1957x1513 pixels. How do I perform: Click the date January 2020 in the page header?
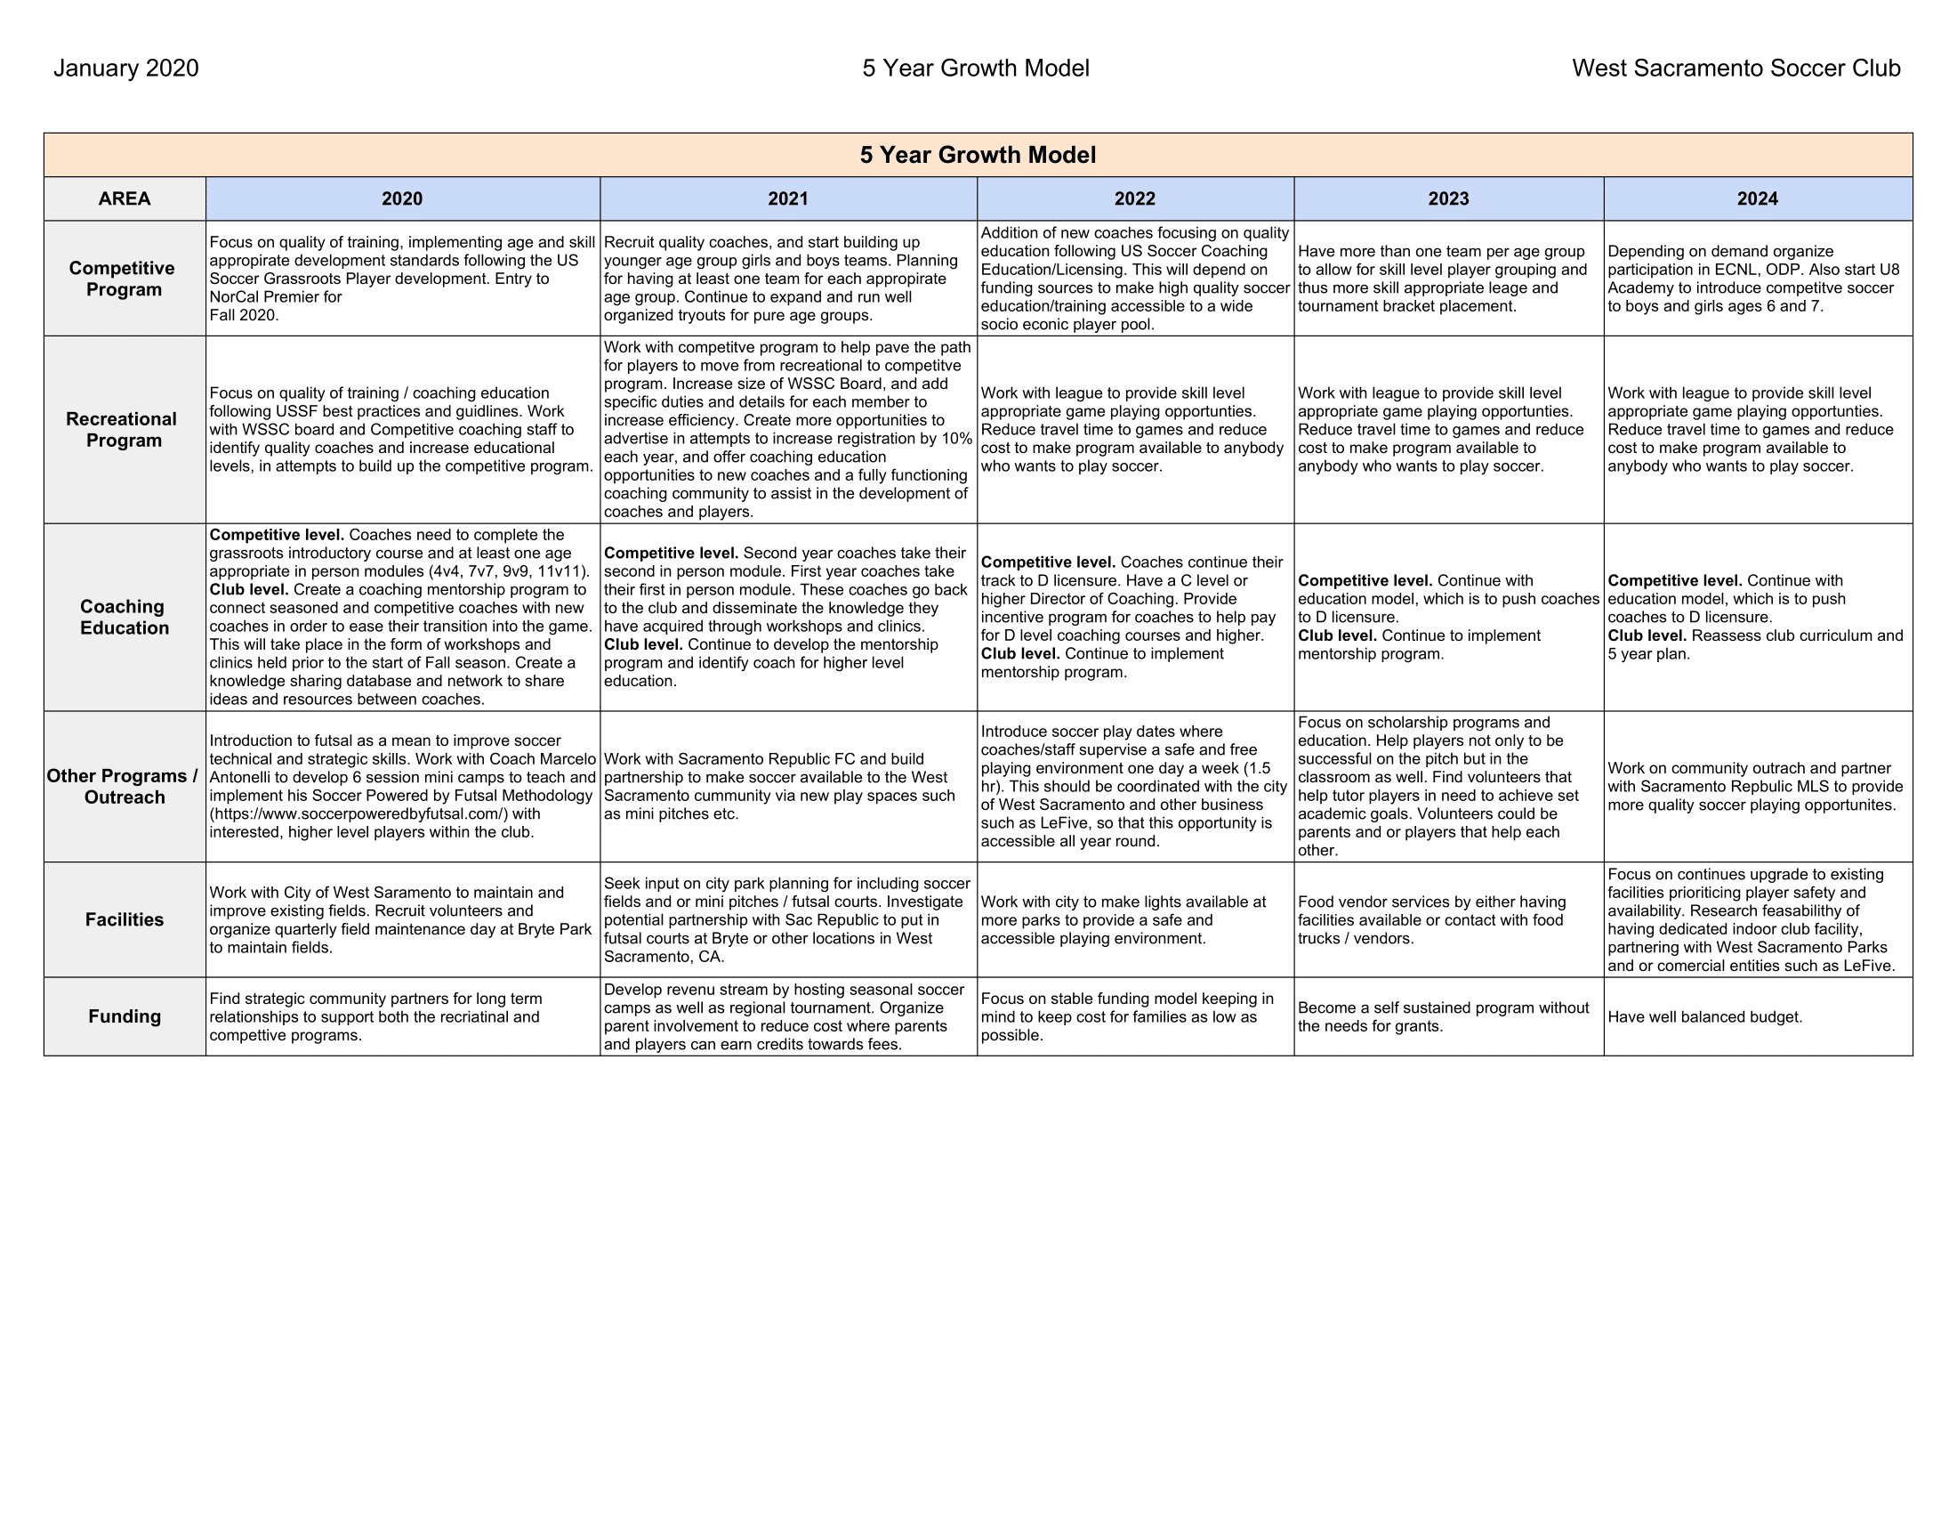click(126, 69)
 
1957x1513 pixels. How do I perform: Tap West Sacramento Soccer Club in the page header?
click(1736, 69)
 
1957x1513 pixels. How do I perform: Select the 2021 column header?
click(787, 199)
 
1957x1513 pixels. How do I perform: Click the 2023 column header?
click(1448, 199)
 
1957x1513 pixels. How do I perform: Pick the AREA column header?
click(125, 199)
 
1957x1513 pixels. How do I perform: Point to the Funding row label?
click(125, 1016)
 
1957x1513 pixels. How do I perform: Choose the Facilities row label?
click(125, 919)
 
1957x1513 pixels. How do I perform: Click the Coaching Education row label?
click(125, 618)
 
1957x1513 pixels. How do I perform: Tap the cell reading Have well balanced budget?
click(1704, 1017)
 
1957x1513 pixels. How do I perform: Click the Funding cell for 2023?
click(1443, 1017)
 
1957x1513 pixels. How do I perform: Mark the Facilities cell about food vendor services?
click(1431, 920)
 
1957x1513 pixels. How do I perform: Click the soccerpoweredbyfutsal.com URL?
click(359, 814)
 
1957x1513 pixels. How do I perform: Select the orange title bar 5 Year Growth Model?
click(978, 155)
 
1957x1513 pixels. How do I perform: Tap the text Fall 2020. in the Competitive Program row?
click(244, 316)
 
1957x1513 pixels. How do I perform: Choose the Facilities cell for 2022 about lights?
click(1123, 920)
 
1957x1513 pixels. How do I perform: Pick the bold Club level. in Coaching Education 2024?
click(1646, 636)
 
